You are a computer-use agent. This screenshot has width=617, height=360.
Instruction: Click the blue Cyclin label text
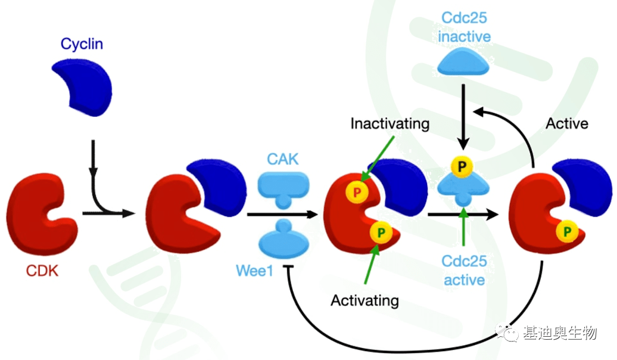pos(81,44)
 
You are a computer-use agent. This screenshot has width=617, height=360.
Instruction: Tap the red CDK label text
pos(42,272)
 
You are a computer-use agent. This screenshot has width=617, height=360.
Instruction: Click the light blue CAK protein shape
pos(283,188)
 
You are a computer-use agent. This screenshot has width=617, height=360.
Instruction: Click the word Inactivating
pos(390,124)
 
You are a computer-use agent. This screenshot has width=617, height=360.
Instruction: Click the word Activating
pos(365,300)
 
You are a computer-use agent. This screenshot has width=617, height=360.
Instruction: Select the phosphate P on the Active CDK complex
pos(567,230)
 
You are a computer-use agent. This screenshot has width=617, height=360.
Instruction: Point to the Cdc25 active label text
pos(464,270)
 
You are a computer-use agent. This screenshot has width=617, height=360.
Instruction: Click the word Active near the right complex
pos(567,124)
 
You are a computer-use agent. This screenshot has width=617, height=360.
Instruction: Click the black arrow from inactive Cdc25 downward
pos(463,116)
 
